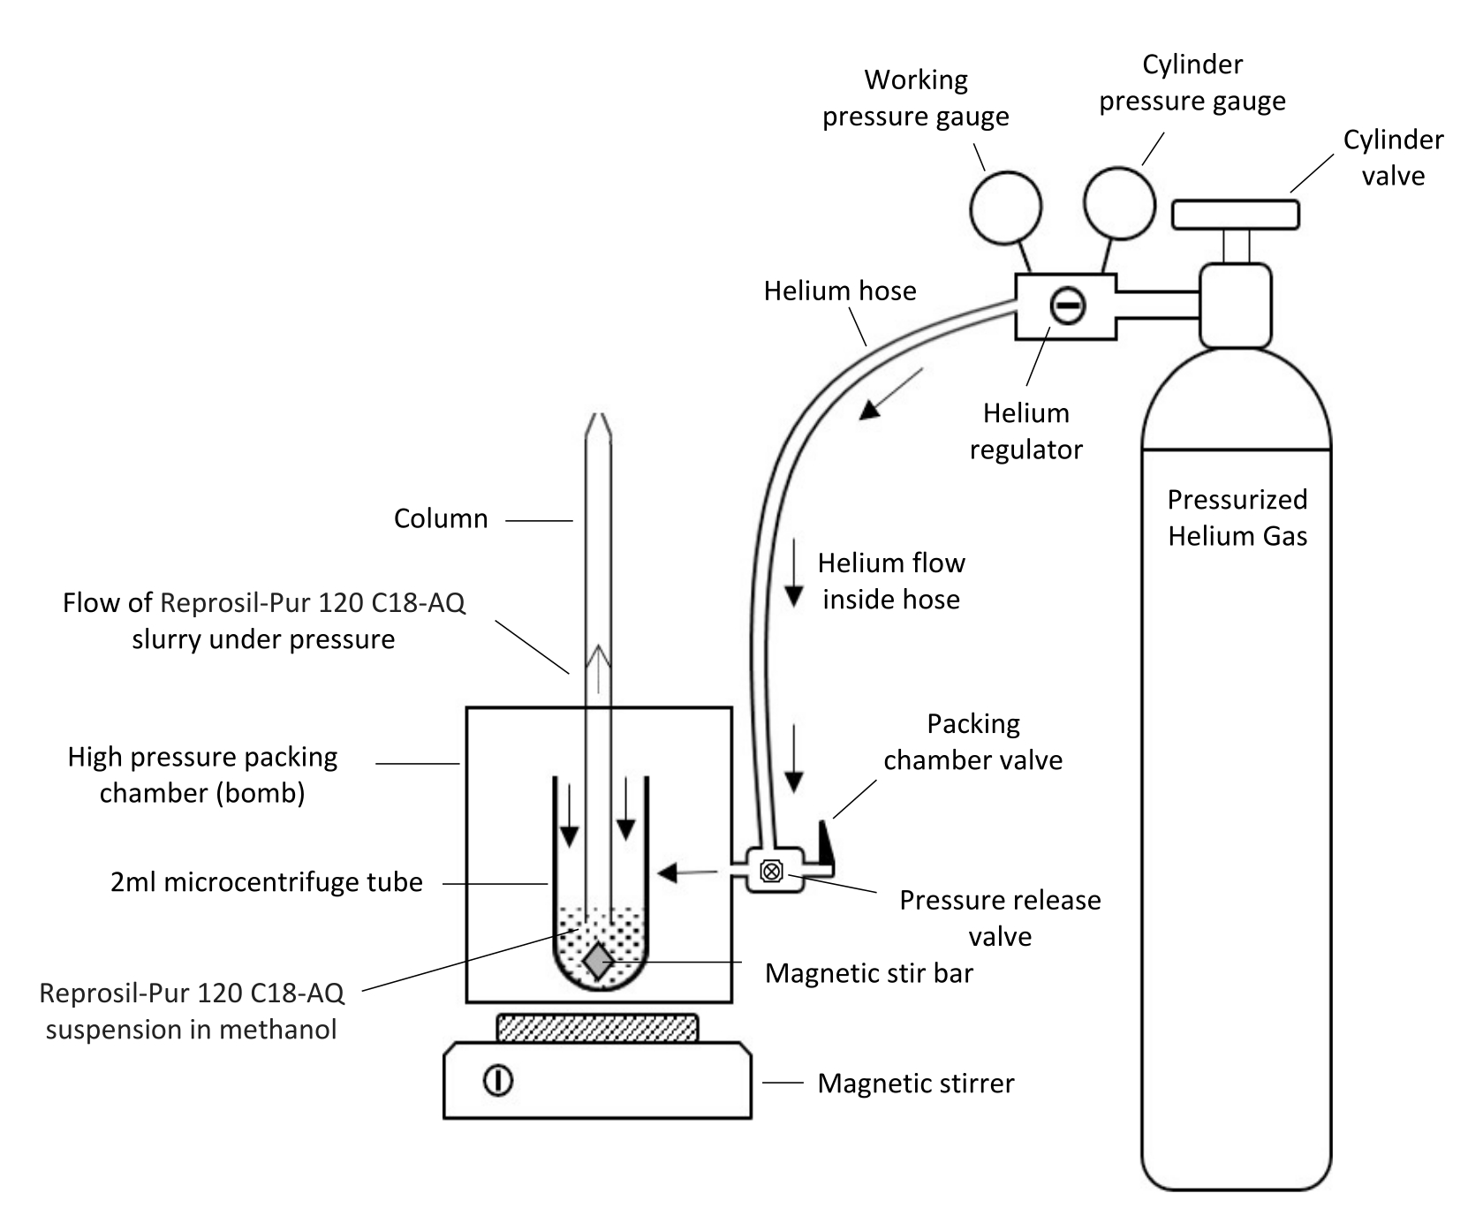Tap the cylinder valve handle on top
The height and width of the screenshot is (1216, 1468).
pyautogui.click(x=1235, y=215)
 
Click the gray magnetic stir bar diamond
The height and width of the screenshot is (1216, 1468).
pyautogui.click(x=599, y=961)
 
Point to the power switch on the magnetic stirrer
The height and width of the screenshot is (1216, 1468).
pyautogui.click(x=498, y=1080)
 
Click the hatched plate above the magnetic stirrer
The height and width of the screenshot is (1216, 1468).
pyautogui.click(x=598, y=1028)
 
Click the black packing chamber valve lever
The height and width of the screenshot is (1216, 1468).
pyautogui.click(x=826, y=844)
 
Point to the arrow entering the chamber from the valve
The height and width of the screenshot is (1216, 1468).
pyautogui.click(x=688, y=873)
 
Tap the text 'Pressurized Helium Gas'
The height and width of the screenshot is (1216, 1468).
pyautogui.click(x=1237, y=517)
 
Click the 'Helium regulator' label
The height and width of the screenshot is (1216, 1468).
pyautogui.click(x=1026, y=431)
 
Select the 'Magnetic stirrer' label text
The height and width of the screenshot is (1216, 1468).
pyautogui.click(x=916, y=1083)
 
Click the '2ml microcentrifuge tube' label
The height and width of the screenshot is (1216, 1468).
pyautogui.click(x=267, y=881)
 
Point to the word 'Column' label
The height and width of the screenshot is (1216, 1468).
pyautogui.click(x=441, y=518)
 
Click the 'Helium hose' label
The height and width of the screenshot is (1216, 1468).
pyautogui.click(x=840, y=291)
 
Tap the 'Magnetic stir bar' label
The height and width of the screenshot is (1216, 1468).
pyautogui.click(x=869, y=973)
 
